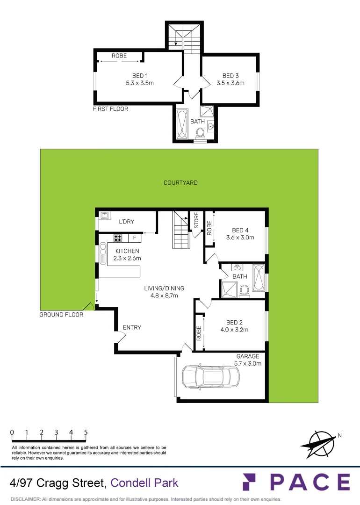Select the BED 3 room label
coord(228,76)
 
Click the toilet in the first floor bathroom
coord(200,134)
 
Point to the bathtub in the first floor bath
coord(182,124)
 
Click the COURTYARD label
coord(180,183)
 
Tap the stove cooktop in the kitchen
coord(118,238)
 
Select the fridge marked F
coord(135,238)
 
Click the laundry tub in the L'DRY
coord(105,216)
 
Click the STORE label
coord(196,220)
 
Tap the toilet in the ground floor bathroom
coord(243,292)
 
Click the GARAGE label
coord(248,356)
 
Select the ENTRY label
coord(132,328)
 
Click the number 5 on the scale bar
coord(86,432)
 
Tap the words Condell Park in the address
coord(144,482)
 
